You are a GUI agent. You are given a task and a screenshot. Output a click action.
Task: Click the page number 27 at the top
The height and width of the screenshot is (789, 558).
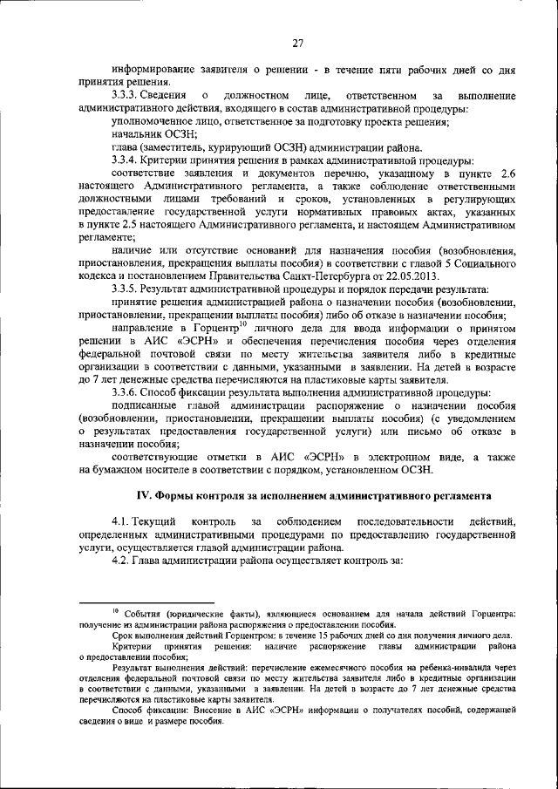(296, 43)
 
